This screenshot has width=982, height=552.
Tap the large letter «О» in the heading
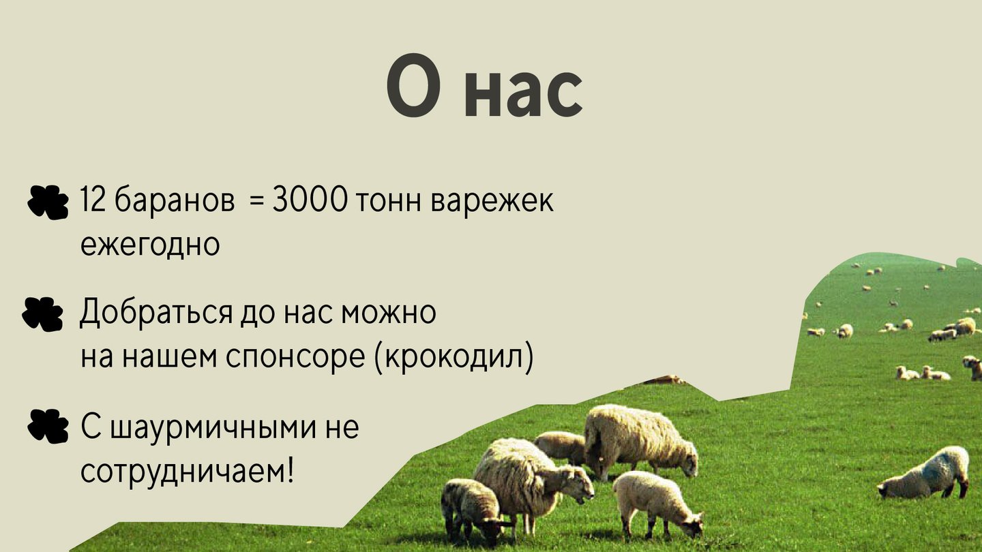pyautogui.click(x=413, y=85)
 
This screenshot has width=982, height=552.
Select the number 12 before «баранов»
pyautogui.click(x=93, y=199)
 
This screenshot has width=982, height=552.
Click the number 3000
pyautogui.click(x=310, y=199)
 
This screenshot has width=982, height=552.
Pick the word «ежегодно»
pyautogui.click(x=150, y=245)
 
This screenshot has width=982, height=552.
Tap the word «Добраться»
pyautogui.click(x=155, y=312)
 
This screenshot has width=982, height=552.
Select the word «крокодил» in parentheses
pyautogui.click(x=454, y=357)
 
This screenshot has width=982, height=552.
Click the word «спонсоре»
pyautogui.click(x=295, y=358)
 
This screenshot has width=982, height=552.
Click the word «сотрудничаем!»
pyautogui.click(x=187, y=472)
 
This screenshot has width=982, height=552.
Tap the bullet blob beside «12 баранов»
pyautogui.click(x=48, y=202)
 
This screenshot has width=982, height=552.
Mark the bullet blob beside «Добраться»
pyautogui.click(x=42, y=313)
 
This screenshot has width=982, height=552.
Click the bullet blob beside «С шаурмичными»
pyautogui.click(x=48, y=427)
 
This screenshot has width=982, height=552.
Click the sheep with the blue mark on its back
pyautogui.click(x=925, y=474)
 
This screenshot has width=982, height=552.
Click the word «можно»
pyautogui.click(x=389, y=313)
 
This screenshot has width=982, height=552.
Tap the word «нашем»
pyautogui.click(x=169, y=358)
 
